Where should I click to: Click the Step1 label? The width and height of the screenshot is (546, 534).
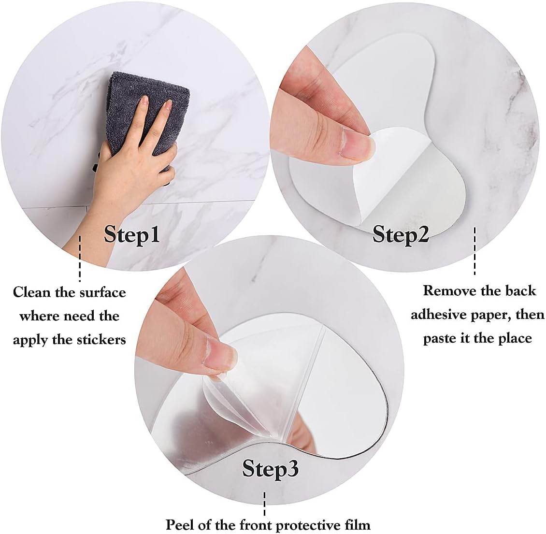[132, 234]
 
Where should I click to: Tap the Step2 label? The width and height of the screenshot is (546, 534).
[401, 234]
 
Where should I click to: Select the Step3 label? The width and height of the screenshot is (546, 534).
[271, 468]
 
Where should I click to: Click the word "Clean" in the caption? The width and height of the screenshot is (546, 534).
[31, 292]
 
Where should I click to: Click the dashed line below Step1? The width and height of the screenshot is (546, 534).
[80, 259]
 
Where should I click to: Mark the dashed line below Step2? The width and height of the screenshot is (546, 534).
[474, 251]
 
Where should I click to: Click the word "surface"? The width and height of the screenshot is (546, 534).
[103, 292]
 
